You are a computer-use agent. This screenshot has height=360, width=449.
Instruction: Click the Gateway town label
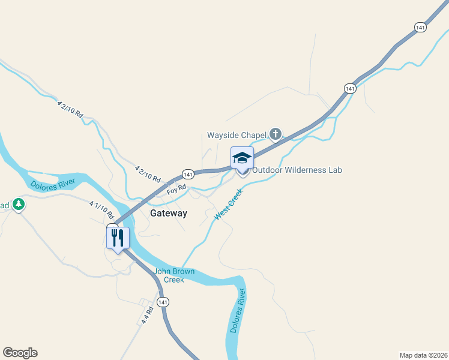168,213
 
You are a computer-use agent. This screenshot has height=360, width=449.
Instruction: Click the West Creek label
228,204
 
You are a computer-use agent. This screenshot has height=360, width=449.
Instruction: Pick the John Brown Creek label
175,275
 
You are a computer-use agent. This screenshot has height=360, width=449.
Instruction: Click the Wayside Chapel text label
236,134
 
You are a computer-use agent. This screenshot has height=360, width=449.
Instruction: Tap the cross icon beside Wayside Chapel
276,133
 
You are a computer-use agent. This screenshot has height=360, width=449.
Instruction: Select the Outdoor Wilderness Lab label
297,170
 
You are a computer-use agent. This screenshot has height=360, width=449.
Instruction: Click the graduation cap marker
242,158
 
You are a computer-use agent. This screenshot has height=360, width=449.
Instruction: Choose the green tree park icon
19,205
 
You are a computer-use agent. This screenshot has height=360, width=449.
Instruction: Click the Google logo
20,353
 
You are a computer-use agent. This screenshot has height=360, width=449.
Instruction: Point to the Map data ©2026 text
423,355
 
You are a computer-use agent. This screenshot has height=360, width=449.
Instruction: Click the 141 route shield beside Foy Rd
188,174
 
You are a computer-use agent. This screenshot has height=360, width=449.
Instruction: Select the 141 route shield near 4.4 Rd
163,301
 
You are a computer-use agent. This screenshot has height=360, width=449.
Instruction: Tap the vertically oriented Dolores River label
238,311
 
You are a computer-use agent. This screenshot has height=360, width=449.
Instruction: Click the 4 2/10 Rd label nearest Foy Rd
148,175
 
